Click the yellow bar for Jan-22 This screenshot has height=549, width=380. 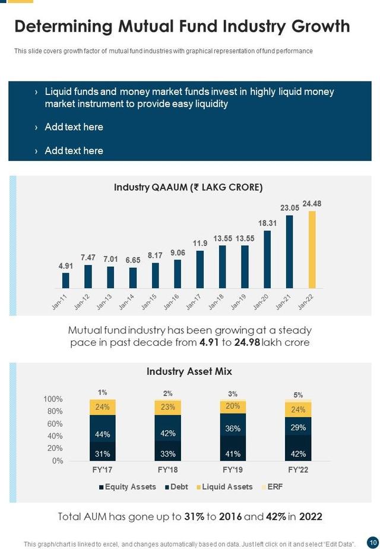click(312, 250)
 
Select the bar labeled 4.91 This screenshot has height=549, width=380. click(66, 280)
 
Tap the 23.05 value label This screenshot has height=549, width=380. click(289, 208)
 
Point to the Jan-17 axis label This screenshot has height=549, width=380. click(194, 302)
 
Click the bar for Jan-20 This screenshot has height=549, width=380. click(267, 259)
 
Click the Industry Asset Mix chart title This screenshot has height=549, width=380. click(189, 371)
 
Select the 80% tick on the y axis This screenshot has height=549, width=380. click(53, 411)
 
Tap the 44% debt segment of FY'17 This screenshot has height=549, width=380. click(103, 434)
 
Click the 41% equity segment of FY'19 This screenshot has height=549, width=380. click(233, 454)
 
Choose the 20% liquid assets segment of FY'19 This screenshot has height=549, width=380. click(233, 406)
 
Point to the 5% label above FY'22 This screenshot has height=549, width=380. click(298, 395)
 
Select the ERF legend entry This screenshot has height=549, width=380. click(274, 487)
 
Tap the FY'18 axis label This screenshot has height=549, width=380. click(167, 469)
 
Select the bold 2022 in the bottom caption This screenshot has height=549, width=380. click(310, 516)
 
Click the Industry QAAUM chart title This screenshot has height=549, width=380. click(188, 187)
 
